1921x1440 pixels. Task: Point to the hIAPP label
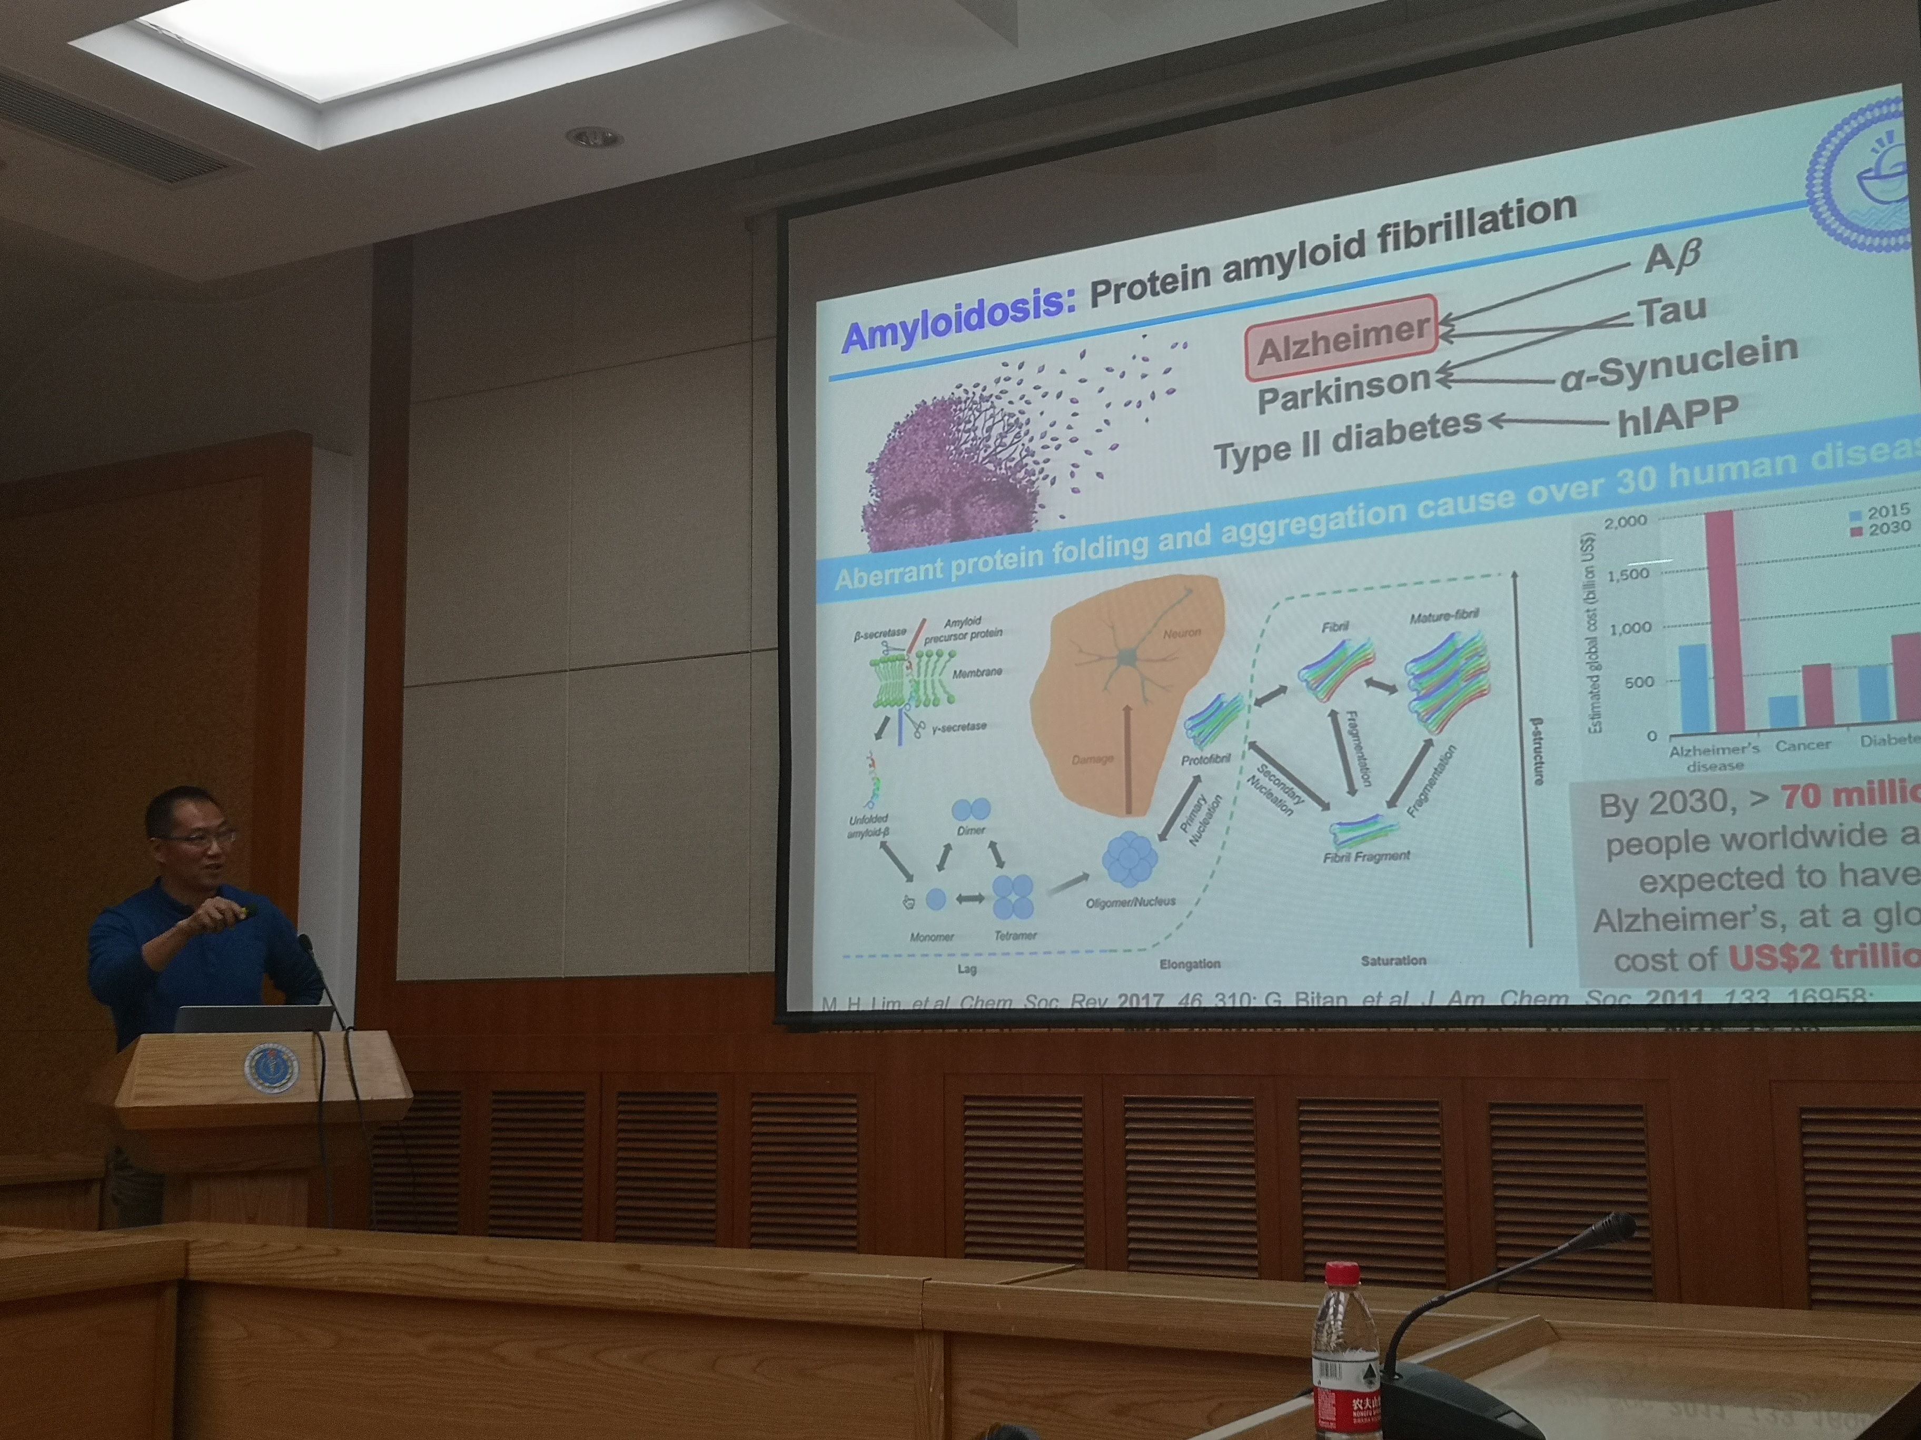pyautogui.click(x=1676, y=415)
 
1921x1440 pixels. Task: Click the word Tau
pyautogui.click(x=1672, y=311)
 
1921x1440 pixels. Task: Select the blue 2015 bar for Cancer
pyautogui.click(x=1783, y=711)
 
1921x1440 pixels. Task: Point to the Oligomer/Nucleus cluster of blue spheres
pyautogui.click(x=1129, y=859)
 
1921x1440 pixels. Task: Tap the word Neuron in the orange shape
pyautogui.click(x=1181, y=634)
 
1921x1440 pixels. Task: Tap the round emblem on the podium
pyautogui.click(x=271, y=1067)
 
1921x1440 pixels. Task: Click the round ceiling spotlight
pyautogui.click(x=594, y=137)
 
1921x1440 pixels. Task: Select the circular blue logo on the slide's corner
pyautogui.click(x=1867, y=174)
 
